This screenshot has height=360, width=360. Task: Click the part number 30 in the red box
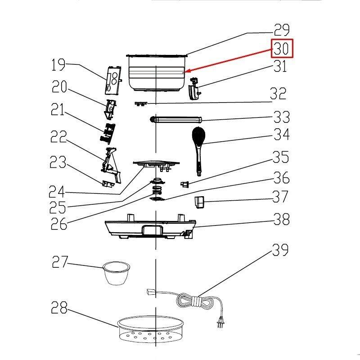[x=282, y=49]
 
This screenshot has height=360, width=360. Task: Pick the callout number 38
[x=281, y=220]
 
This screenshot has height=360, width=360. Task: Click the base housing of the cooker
[x=151, y=229]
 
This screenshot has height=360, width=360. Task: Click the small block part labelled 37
[x=199, y=202]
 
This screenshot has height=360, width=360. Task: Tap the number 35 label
[x=281, y=158]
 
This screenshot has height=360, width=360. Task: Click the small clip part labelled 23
[x=107, y=183]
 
